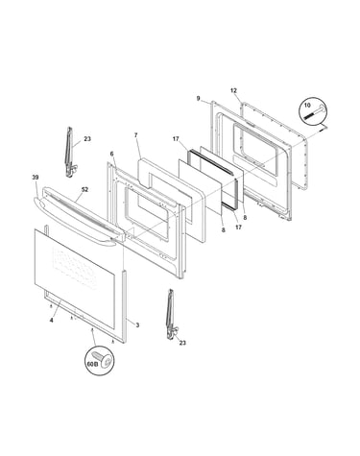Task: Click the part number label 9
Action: coord(198,99)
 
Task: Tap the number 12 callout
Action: coord(233,90)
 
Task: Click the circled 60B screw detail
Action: coord(100,361)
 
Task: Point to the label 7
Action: coord(135,135)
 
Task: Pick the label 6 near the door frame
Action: coord(111,154)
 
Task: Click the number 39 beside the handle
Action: coord(36,177)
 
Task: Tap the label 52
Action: coord(84,189)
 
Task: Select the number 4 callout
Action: coord(51,320)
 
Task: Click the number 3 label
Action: coord(137,325)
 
